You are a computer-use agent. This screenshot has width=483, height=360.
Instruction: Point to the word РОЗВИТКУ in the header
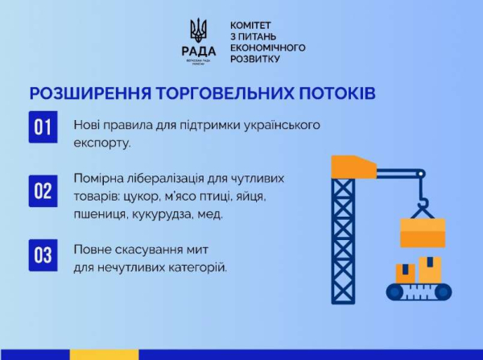(x=255, y=59)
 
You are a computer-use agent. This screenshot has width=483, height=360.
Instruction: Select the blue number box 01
(x=42, y=128)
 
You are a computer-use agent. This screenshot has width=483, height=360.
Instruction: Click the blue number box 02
(x=42, y=190)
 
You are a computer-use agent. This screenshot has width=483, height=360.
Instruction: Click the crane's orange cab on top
(x=353, y=166)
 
